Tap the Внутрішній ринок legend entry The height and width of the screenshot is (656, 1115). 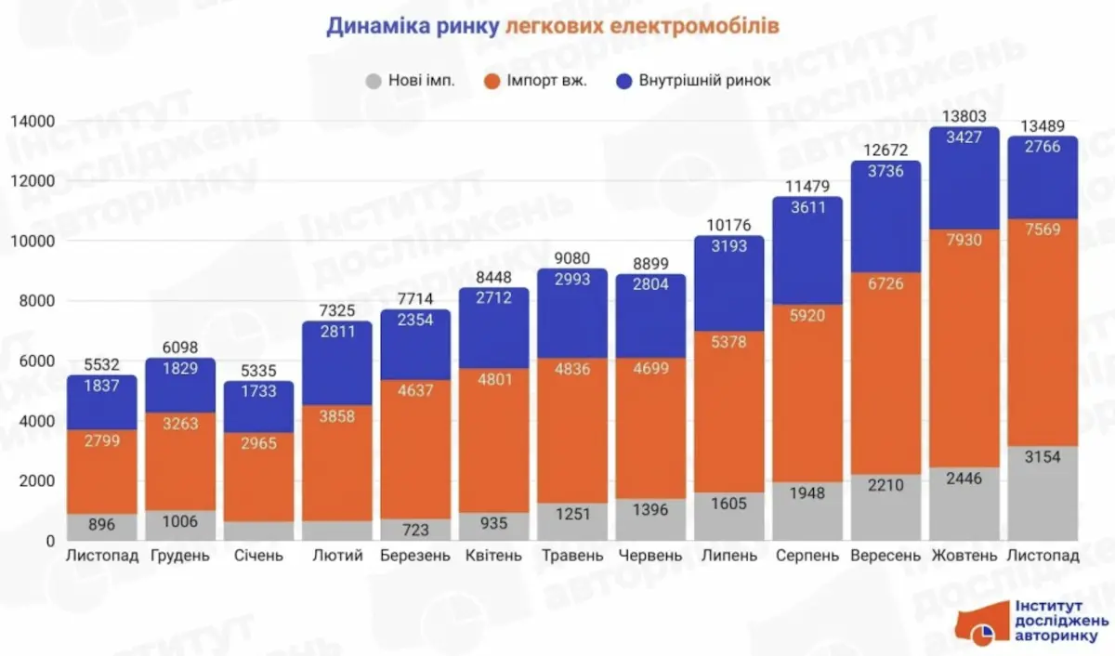pos(692,81)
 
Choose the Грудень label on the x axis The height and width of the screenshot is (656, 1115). pos(180,556)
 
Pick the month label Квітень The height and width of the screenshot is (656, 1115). pos(493,556)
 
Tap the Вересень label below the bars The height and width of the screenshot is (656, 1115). pos(885,556)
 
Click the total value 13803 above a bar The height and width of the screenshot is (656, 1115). pos(964,116)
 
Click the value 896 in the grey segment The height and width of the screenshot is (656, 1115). pos(102,525)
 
